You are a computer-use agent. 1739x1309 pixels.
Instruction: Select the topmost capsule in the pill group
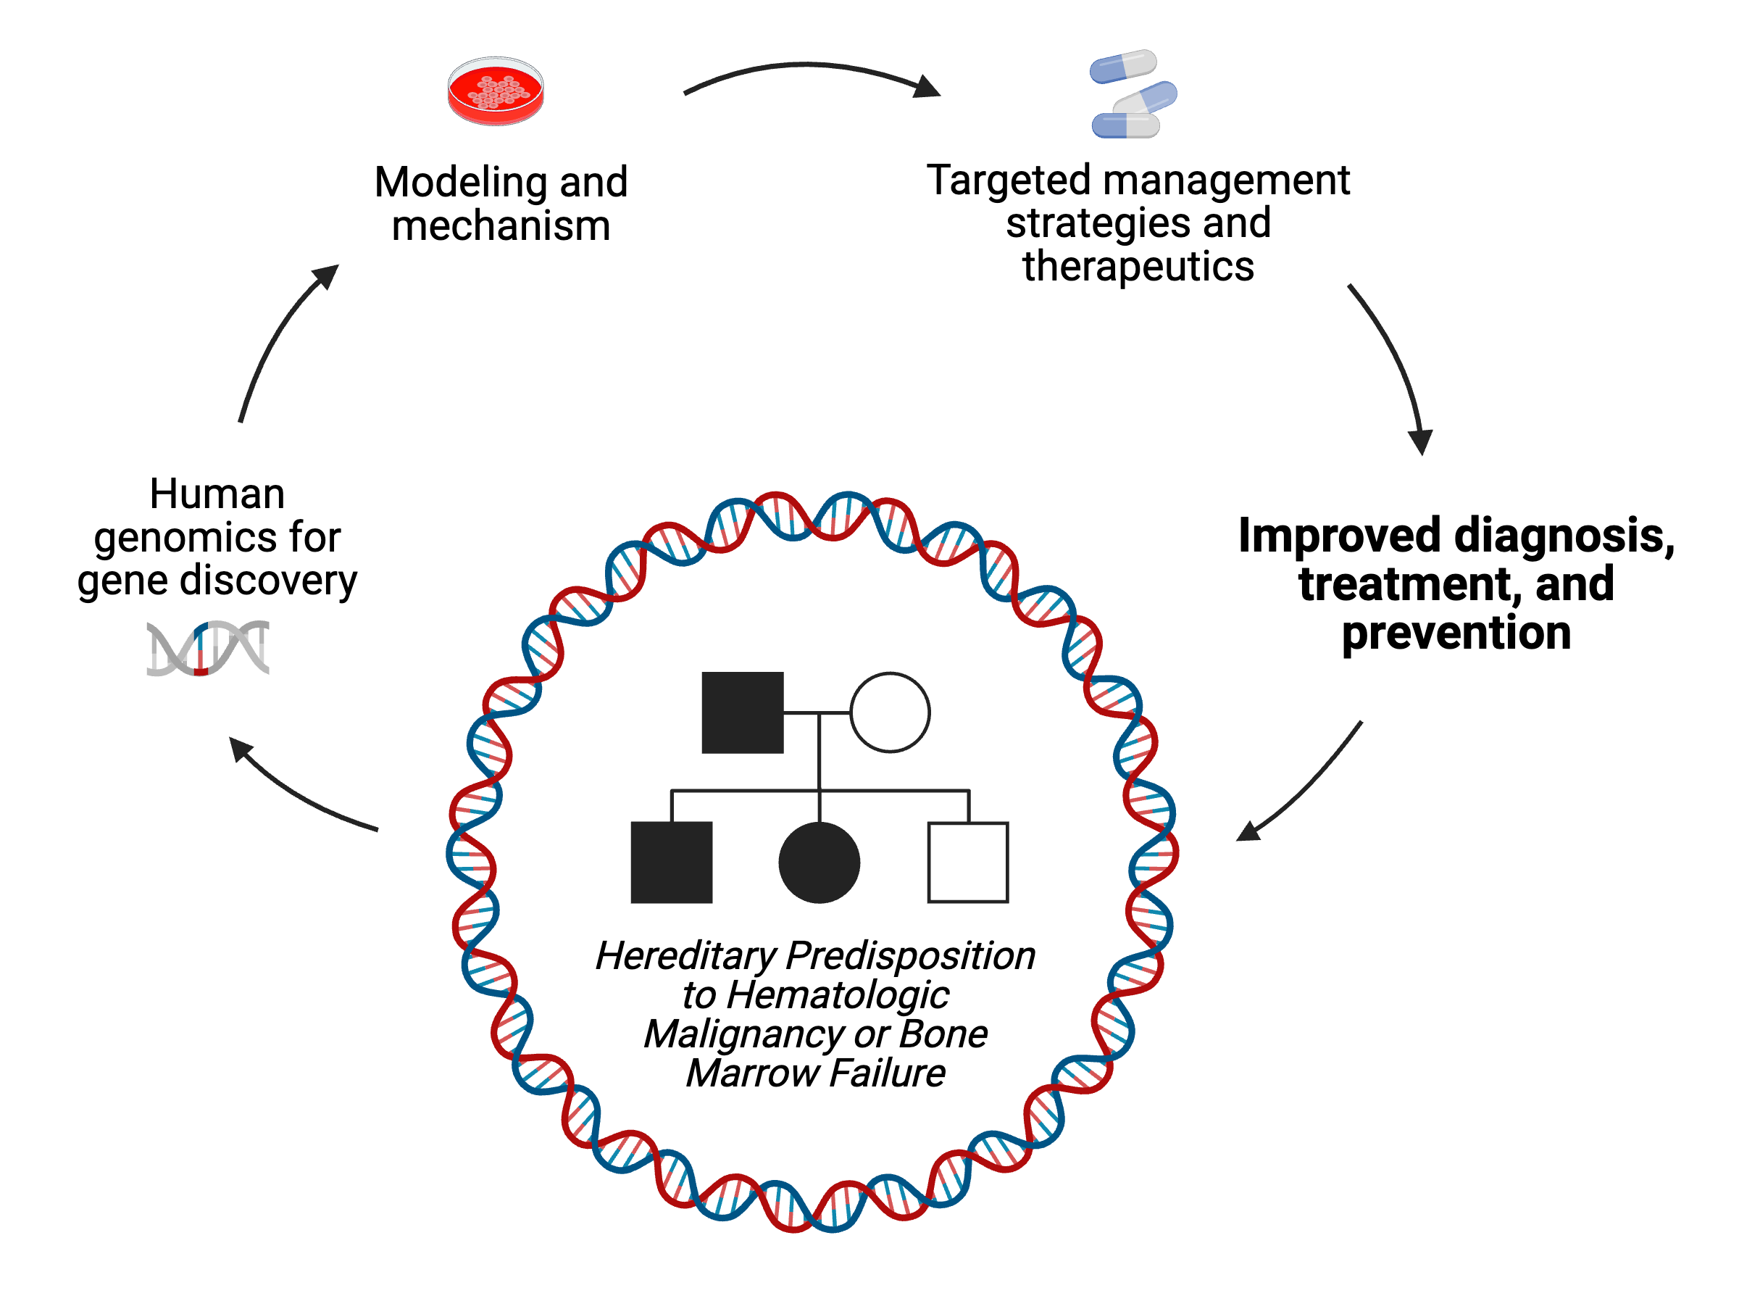1122,66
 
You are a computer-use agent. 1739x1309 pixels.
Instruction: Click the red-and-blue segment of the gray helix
201,649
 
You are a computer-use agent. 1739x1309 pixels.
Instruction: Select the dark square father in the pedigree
742,712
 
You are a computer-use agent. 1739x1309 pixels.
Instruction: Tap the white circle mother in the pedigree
890,712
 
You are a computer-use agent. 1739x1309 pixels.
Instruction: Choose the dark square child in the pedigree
672,863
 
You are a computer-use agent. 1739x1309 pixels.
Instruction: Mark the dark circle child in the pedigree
820,863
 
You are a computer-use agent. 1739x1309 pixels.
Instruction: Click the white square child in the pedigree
968,863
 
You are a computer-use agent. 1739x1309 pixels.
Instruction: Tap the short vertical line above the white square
969,806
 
